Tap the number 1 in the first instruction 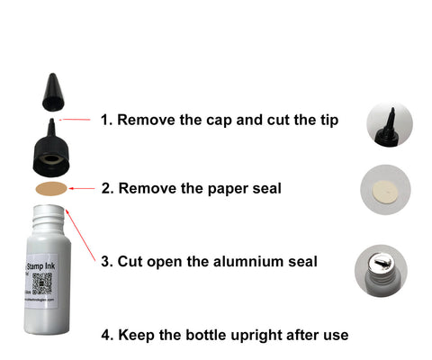click(104, 119)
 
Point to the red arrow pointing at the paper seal click(82, 189)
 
